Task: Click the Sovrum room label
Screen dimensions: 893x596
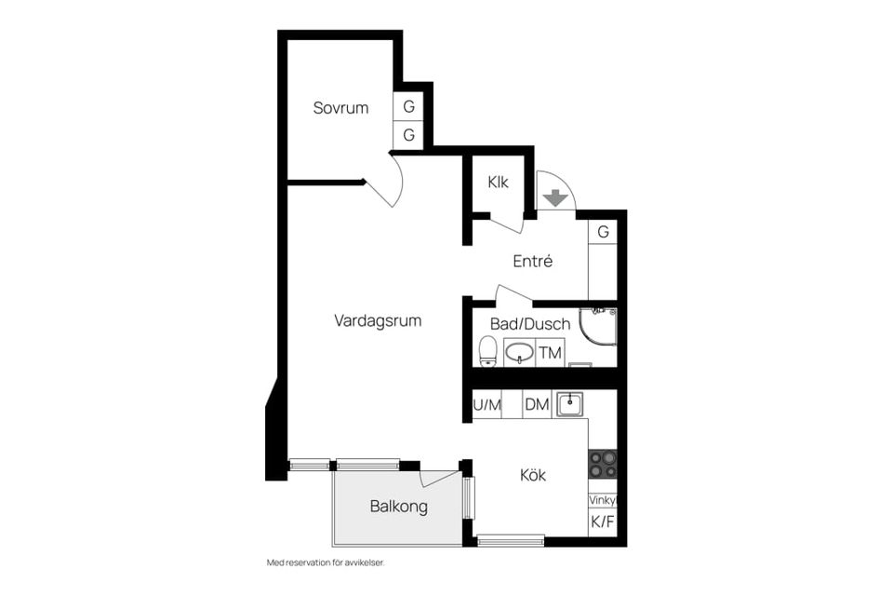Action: tap(340, 108)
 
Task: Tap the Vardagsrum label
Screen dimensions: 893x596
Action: tap(378, 320)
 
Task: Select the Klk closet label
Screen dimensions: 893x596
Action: tap(498, 183)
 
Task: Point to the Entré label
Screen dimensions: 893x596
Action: tap(532, 261)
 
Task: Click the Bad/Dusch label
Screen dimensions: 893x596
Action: tap(530, 324)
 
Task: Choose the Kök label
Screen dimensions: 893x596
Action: tap(532, 475)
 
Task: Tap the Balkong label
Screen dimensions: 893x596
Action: tap(399, 507)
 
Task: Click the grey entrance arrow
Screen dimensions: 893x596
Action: tap(555, 198)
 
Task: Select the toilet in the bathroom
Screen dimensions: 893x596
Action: tap(487, 351)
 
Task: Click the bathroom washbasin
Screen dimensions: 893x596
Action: tap(519, 352)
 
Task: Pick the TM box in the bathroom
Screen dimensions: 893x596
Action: tap(550, 353)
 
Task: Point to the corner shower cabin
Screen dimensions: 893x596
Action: tap(597, 328)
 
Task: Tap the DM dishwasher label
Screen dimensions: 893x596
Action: tap(537, 405)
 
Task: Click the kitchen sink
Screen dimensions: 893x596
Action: tap(569, 404)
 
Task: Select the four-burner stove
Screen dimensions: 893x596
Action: tap(603, 465)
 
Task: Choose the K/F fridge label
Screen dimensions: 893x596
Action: tap(603, 521)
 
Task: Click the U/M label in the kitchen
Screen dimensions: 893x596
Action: tap(486, 405)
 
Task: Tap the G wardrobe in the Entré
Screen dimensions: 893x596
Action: tap(603, 232)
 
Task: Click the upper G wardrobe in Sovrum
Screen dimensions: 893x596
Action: tap(408, 106)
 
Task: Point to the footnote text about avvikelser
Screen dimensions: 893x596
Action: tap(326, 562)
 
